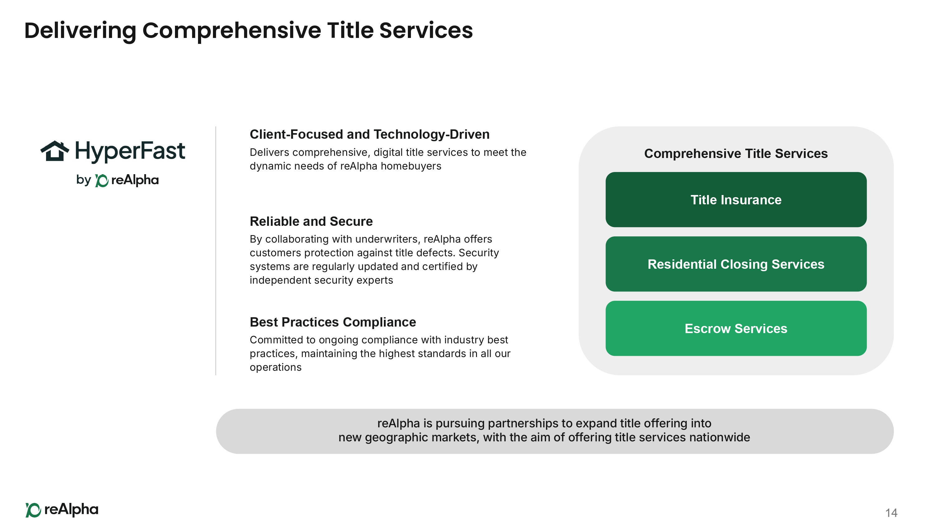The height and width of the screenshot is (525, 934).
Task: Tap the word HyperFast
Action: click(x=130, y=151)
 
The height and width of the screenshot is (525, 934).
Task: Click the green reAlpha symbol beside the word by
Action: click(x=101, y=180)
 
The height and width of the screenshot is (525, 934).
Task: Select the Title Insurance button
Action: click(x=736, y=200)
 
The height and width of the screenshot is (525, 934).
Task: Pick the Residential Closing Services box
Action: click(x=736, y=264)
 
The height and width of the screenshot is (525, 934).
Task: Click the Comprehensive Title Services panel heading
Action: click(x=736, y=154)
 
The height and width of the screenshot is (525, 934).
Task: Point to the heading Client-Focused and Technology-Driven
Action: click(x=370, y=134)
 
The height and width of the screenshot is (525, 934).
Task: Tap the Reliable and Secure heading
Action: click(x=311, y=221)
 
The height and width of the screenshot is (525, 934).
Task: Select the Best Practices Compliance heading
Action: click(x=333, y=322)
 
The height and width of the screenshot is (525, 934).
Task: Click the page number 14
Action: click(x=891, y=513)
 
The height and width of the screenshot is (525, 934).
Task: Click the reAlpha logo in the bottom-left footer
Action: click(x=62, y=510)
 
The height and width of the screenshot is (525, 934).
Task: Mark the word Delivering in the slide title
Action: click(x=80, y=31)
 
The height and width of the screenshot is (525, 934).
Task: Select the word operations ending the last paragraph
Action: click(x=276, y=368)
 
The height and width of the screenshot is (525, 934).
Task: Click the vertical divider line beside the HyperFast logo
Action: click(x=216, y=251)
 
